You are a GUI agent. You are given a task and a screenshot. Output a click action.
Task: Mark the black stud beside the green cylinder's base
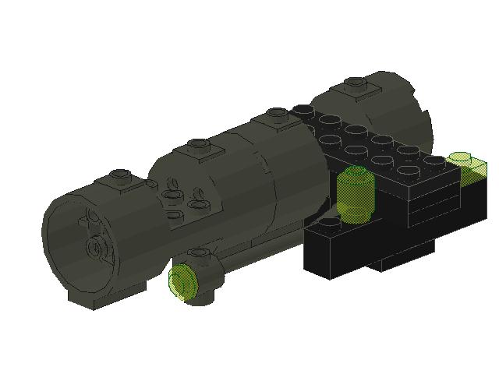tap(331, 224)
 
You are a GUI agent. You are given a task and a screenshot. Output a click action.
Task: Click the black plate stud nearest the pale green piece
tap(435, 161)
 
